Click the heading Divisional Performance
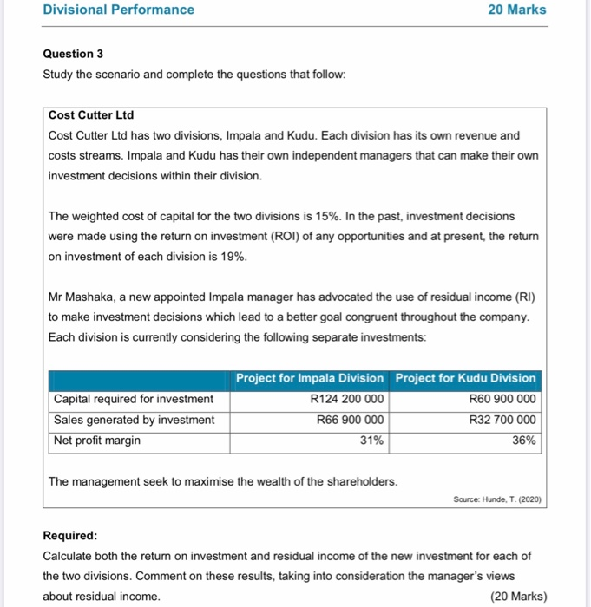click(119, 10)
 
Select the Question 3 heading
click(73, 54)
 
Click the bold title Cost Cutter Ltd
click(91, 115)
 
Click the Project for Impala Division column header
click(310, 378)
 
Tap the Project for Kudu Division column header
click(466, 378)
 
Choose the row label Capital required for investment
click(134, 399)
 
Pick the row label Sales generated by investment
click(135, 420)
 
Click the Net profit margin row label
click(97, 441)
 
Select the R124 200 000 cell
click(347, 399)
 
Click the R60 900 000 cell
click(502, 399)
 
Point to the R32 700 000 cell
click(502, 420)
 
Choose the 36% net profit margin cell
click(524, 441)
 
